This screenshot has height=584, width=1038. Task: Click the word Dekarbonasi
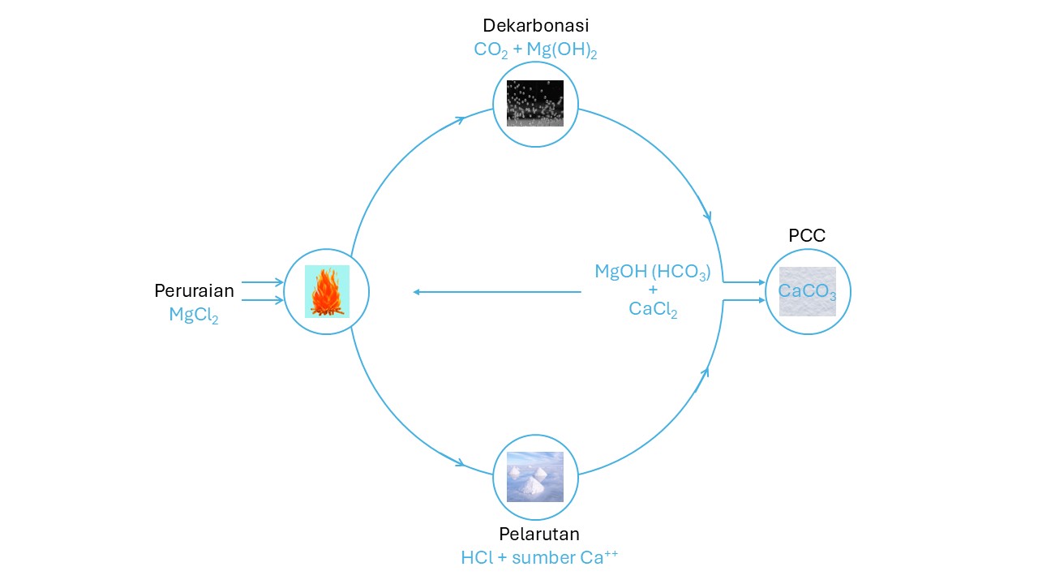[x=535, y=26]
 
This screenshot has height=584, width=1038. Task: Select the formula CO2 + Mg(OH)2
[x=535, y=49]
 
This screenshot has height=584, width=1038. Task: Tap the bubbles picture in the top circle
[x=535, y=103]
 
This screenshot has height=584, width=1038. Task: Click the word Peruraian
[x=194, y=291]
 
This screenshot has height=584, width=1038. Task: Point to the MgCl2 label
[x=194, y=315]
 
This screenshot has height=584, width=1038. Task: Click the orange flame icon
[x=327, y=291]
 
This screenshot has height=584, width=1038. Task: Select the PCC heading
[x=807, y=236]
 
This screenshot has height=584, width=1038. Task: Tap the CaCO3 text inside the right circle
[x=807, y=291]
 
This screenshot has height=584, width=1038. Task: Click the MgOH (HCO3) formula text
[x=653, y=273]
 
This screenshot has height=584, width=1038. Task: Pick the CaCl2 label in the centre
[x=653, y=309]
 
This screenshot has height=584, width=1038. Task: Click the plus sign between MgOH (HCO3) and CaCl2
[x=653, y=290]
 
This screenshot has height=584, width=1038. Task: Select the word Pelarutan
[x=538, y=534]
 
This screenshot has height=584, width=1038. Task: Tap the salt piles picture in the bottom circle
[x=535, y=477]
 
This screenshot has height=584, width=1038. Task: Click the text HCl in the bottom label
[x=474, y=557]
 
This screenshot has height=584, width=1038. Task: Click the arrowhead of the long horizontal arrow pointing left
[x=416, y=292]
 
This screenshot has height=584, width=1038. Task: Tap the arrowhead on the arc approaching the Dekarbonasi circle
[x=460, y=120]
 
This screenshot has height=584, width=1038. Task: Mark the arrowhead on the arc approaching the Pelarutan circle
[x=460, y=464]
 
